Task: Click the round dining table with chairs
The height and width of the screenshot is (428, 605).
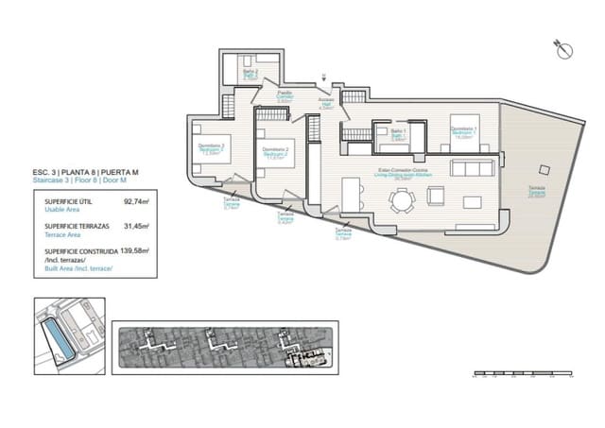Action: tap(404, 198)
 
